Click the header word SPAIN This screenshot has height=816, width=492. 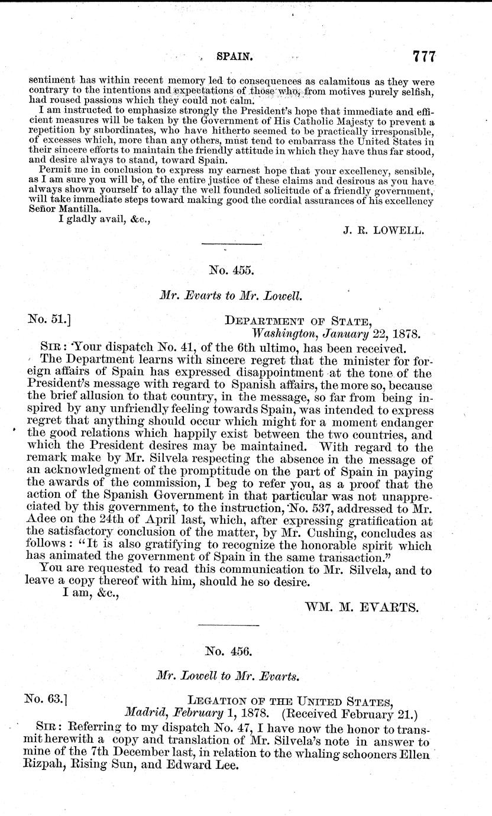coord(235,57)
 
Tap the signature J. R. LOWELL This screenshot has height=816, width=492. coord(383,231)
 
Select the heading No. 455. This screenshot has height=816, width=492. coord(232,271)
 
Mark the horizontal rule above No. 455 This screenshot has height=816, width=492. coord(231,244)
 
